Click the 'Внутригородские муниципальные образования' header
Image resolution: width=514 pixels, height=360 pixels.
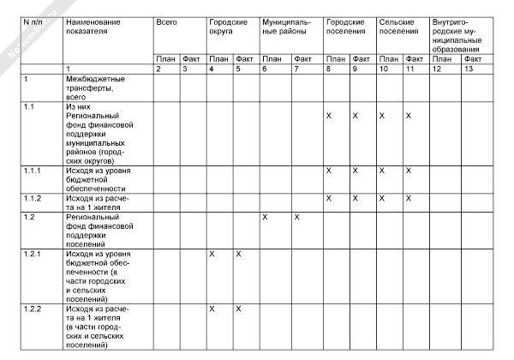click(459, 31)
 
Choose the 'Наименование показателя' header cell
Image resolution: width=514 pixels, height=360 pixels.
click(94, 25)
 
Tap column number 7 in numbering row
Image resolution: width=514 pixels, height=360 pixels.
click(296, 69)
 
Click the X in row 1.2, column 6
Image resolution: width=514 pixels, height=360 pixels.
click(265, 218)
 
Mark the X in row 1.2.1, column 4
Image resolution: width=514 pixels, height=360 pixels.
click(212, 255)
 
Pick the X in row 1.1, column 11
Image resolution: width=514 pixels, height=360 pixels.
click(409, 115)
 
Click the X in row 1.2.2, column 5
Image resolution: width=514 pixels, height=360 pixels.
click(239, 309)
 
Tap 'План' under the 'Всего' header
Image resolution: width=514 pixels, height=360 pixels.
click(165, 59)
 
